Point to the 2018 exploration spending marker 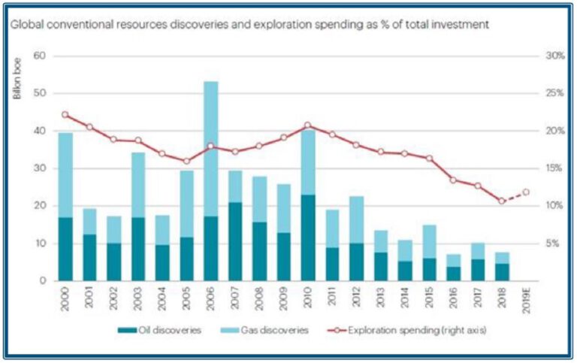tap(502, 201)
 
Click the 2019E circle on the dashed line tap(526, 192)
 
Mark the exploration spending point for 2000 tap(65, 115)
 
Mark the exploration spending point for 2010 tap(308, 125)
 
